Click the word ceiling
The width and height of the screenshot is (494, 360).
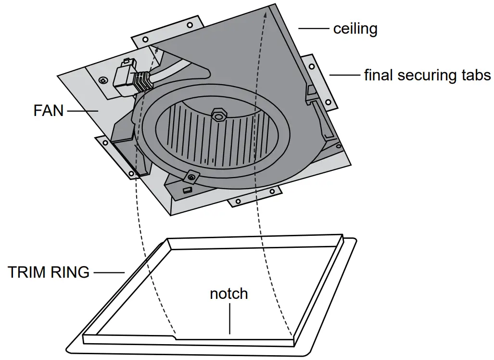tap(355, 29)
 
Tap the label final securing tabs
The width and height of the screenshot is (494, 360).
tap(427, 76)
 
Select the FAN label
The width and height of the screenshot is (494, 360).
tap(48, 111)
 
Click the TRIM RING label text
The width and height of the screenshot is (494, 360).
tap(49, 272)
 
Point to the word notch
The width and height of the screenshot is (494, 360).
tap(228, 294)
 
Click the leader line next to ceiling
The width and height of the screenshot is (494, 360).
tap(314, 29)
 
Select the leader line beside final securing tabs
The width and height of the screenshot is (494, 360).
tap(344, 76)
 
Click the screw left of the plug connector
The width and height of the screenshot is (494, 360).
tap(102, 79)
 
